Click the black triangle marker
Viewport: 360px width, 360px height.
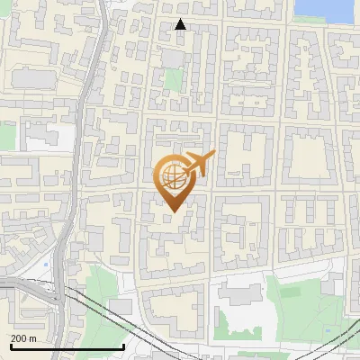click(x=181, y=24)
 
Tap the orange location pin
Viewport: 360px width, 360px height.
click(x=175, y=184)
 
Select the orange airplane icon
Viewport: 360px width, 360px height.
click(x=198, y=165)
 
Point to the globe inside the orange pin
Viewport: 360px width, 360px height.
click(x=174, y=176)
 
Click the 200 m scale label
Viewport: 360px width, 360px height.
click(x=24, y=338)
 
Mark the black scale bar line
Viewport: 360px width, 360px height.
click(x=67, y=346)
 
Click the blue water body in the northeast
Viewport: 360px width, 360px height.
click(x=324, y=9)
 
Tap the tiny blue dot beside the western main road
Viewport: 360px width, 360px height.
click(x=45, y=265)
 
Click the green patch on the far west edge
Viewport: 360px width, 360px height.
click(x=6, y=135)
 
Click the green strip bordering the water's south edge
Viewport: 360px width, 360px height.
click(x=324, y=26)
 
